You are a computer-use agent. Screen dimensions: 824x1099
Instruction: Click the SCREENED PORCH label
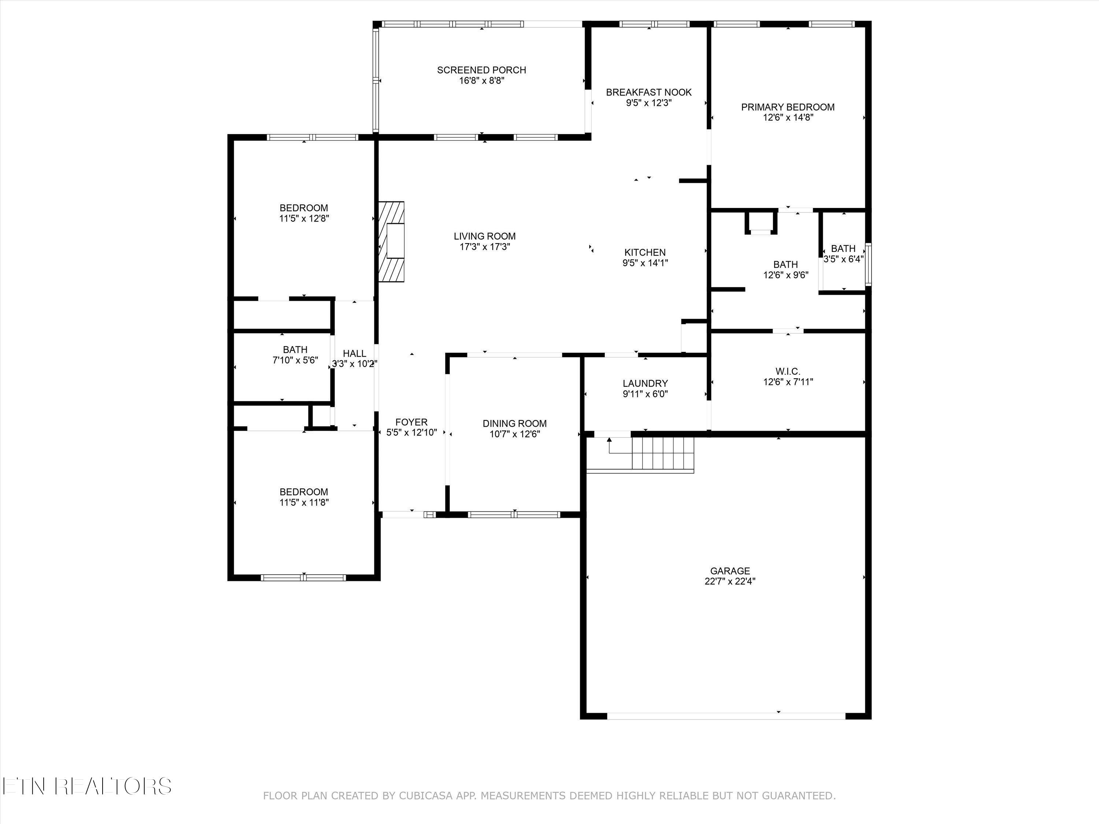[x=481, y=70]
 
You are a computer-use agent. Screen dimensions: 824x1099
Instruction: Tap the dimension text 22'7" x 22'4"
[x=729, y=582]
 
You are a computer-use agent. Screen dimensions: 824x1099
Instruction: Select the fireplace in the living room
[x=392, y=241]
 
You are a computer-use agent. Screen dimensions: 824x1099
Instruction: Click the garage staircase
[x=662, y=453]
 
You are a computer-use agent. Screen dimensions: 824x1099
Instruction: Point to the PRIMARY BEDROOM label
[x=788, y=107]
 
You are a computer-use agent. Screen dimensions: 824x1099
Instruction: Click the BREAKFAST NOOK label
[x=648, y=92]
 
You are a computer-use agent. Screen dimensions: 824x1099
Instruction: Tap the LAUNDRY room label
[x=645, y=383]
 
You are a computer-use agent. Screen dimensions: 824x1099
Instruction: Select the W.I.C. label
[x=788, y=371]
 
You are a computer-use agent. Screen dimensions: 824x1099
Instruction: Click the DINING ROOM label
[x=514, y=423]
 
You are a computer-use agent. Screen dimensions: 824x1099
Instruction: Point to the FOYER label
[x=411, y=422]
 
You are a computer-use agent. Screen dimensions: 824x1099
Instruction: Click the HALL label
[x=354, y=353]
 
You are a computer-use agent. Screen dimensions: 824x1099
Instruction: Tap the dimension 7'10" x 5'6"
[x=295, y=360]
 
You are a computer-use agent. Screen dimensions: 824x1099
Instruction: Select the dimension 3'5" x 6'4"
[x=843, y=259]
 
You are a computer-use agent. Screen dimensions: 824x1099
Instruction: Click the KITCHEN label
[x=644, y=252]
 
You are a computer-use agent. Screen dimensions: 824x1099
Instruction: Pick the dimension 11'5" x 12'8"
[x=304, y=218]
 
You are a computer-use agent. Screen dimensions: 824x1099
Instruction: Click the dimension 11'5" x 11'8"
[x=304, y=502]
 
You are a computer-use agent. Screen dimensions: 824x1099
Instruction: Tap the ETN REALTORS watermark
[x=87, y=786]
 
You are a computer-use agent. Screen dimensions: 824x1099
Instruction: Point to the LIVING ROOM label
[x=484, y=237]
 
